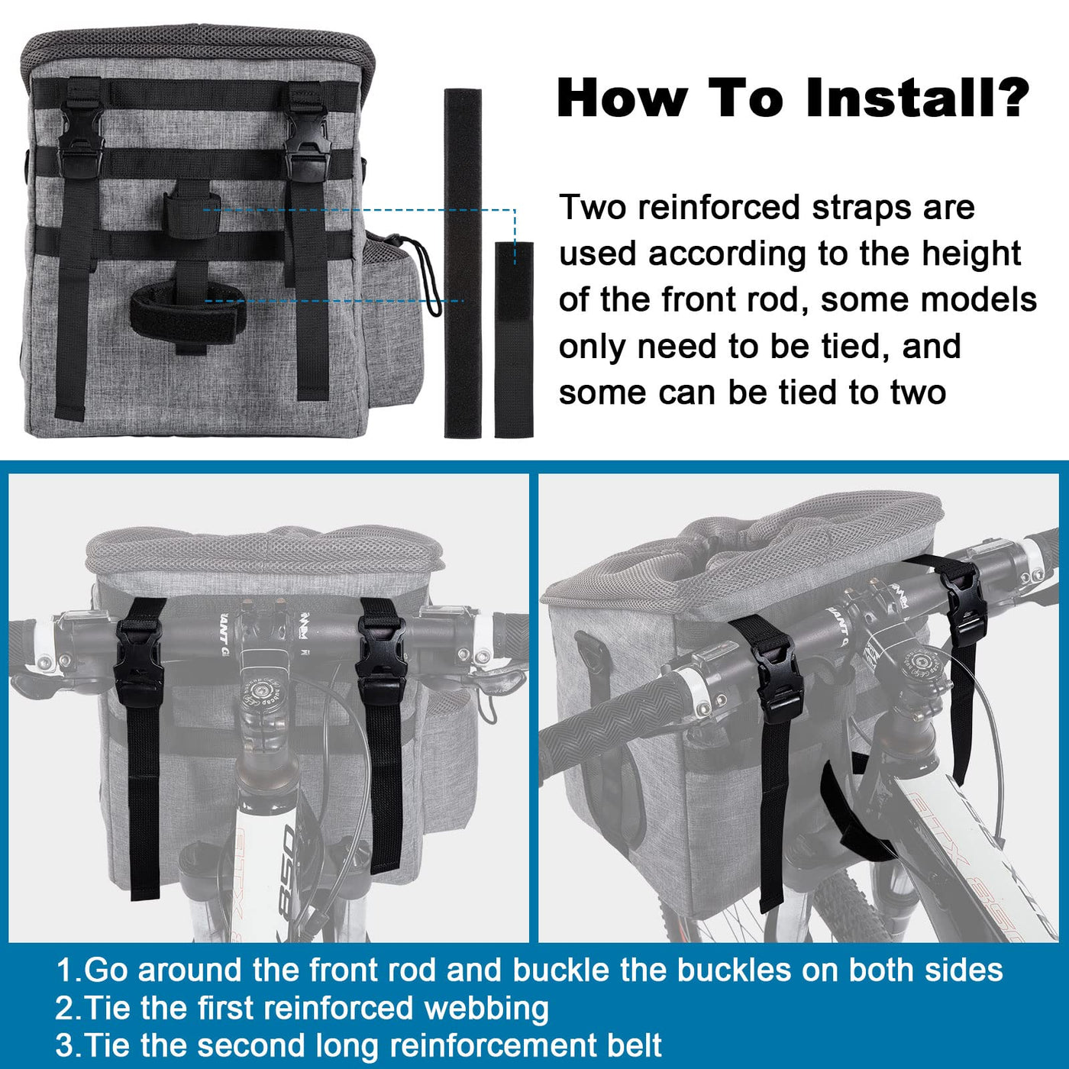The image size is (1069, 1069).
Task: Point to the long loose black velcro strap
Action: [463, 263]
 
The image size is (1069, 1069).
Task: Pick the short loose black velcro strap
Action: [514, 340]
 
